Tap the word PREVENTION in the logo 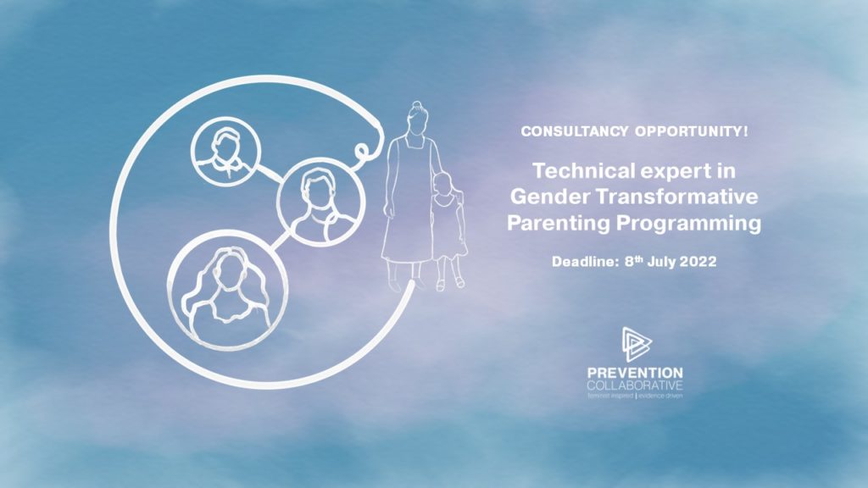point(635,373)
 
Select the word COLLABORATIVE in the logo point(635,385)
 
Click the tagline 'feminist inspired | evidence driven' point(635,396)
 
